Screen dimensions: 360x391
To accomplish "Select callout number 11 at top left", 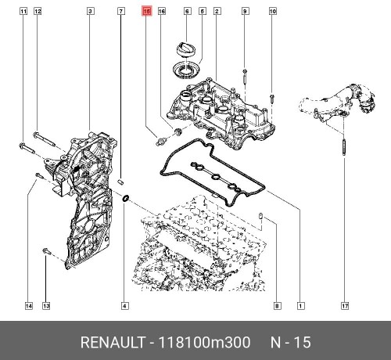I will pyautogui.click(x=23, y=12).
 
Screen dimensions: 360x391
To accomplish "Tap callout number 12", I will pyautogui.click(x=38, y=12).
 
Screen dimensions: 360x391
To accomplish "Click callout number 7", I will pyautogui.click(x=120, y=12).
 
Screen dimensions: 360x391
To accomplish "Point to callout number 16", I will pyautogui.click(x=162, y=12).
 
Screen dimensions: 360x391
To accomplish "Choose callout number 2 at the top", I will pyautogui.click(x=217, y=12).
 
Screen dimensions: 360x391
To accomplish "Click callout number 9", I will pyautogui.click(x=245, y=12).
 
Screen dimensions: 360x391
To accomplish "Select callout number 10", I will pyautogui.click(x=273, y=12).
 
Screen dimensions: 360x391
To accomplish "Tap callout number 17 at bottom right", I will pyautogui.click(x=344, y=305).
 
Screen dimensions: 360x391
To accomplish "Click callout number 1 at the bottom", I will pyautogui.click(x=301, y=305).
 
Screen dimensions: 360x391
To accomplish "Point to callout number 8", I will pyautogui.click(x=278, y=305).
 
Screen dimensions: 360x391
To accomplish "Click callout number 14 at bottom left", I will pyautogui.click(x=29, y=305).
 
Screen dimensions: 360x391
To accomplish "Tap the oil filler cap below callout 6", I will pyautogui.click(x=188, y=49).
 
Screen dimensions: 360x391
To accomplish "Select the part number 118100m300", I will pyautogui.click(x=204, y=343).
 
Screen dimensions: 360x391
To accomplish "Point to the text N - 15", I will pyautogui.click(x=290, y=343).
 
